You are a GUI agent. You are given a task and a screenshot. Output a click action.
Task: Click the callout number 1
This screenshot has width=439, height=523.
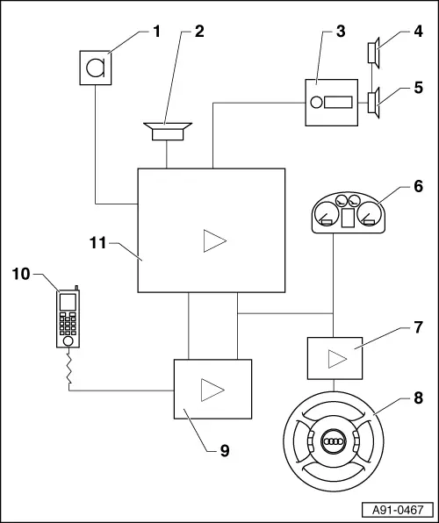click(156, 32)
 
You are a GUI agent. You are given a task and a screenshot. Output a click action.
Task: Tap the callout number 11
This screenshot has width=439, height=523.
click(97, 243)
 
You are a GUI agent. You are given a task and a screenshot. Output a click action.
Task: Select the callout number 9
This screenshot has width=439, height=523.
click(225, 451)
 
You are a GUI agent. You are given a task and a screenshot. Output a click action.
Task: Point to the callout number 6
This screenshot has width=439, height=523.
click(418, 186)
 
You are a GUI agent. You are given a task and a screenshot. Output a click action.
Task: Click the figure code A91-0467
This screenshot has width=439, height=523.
click(398, 510)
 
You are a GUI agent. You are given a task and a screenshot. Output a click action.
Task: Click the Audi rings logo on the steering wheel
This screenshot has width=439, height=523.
click(334, 441)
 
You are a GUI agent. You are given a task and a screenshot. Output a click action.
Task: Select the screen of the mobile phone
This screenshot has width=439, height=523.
click(68, 302)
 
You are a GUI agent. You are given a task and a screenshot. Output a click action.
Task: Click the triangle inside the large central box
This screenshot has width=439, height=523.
click(214, 240)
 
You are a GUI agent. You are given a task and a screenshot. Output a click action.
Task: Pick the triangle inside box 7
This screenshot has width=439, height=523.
click(337, 359)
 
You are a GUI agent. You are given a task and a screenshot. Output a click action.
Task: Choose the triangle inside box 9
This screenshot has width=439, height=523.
click(212, 390)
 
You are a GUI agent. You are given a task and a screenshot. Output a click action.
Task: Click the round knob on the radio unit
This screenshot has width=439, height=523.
click(316, 103)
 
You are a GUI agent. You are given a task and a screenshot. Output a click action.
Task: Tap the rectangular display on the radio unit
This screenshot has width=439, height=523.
click(338, 103)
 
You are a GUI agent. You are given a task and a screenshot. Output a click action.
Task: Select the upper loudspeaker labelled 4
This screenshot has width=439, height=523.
click(374, 53)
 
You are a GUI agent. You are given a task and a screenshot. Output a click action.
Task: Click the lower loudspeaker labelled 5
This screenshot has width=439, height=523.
click(374, 103)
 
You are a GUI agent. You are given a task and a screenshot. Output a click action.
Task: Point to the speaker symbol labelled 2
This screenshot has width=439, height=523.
click(168, 132)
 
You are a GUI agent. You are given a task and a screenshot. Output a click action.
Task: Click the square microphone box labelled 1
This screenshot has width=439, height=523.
click(96, 68)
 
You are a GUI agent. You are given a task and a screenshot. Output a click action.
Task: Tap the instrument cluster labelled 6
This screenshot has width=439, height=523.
click(349, 212)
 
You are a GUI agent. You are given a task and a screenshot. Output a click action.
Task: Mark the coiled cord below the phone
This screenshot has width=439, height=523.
click(69, 369)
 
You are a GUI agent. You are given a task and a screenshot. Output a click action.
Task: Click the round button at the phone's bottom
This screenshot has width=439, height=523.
click(68, 340)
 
